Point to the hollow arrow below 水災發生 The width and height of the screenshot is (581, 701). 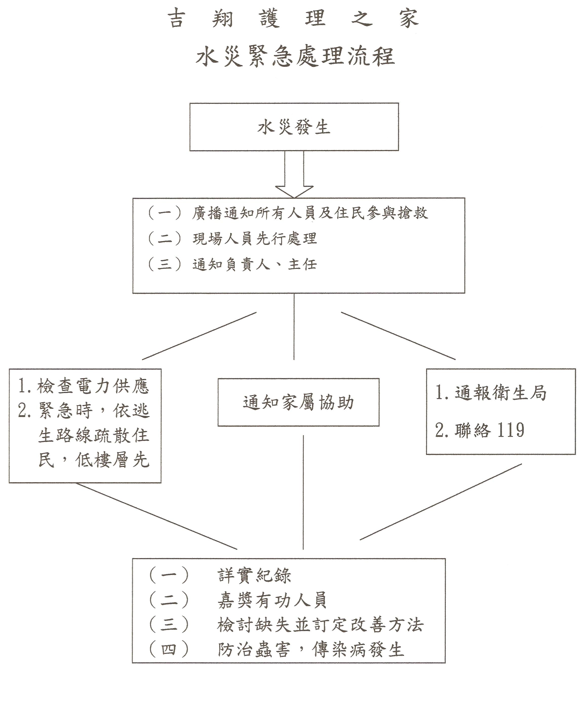click(x=294, y=174)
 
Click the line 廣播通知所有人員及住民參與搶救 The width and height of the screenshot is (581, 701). click(x=310, y=213)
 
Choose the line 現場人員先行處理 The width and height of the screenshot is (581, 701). click(x=255, y=239)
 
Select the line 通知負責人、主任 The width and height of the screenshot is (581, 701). click(x=255, y=264)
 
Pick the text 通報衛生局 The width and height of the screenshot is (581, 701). click(x=500, y=393)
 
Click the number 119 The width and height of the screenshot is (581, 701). click(x=511, y=430)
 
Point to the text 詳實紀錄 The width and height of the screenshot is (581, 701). click(x=254, y=575)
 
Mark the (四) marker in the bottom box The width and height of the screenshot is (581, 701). click(x=169, y=649)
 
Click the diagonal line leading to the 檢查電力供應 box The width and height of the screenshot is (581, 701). click(x=199, y=336)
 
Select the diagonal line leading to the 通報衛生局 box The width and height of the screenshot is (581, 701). click(x=398, y=336)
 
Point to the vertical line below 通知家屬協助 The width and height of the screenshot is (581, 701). click(x=303, y=492)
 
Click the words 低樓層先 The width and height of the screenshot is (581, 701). click(x=112, y=460)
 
